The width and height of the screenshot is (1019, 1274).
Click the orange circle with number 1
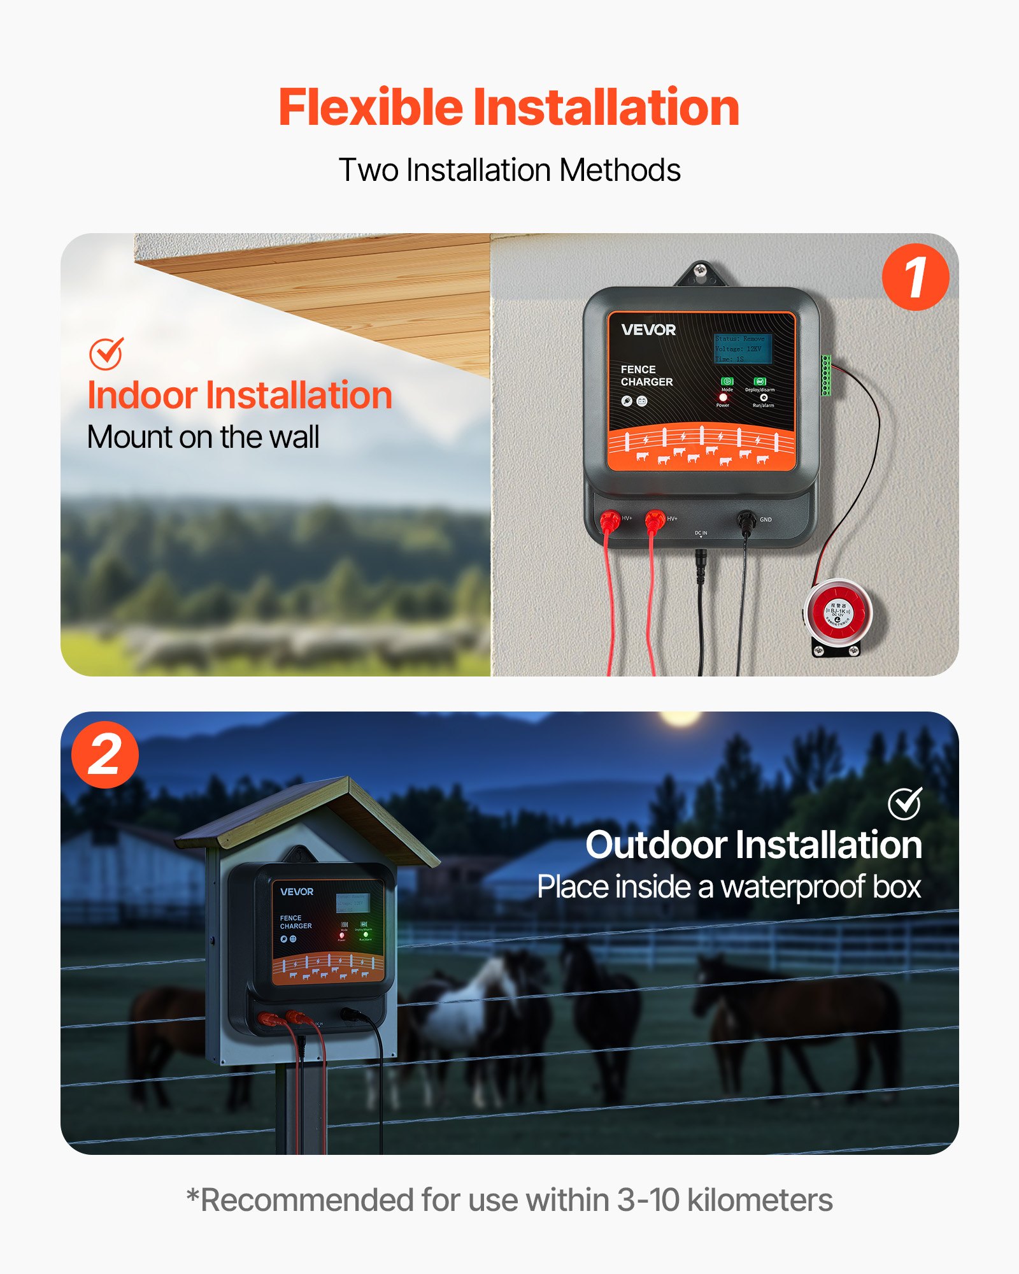915,277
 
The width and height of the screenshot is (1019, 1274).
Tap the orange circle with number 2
105,755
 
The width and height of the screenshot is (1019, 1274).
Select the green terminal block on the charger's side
826,376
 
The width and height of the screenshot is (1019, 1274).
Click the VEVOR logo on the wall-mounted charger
648,330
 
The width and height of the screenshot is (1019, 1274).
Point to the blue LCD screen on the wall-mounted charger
743,348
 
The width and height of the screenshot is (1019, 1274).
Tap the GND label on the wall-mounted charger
766,520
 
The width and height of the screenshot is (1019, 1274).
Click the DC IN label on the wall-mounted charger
701,533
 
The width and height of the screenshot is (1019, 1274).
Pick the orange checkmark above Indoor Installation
106,354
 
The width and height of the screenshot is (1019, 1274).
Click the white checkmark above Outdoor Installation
905,803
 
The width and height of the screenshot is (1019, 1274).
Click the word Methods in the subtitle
620,170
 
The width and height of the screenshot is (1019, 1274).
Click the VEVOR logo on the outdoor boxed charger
297,892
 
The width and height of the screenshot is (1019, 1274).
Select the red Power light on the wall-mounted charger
723,397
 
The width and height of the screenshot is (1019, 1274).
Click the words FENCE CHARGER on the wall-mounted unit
646,376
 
